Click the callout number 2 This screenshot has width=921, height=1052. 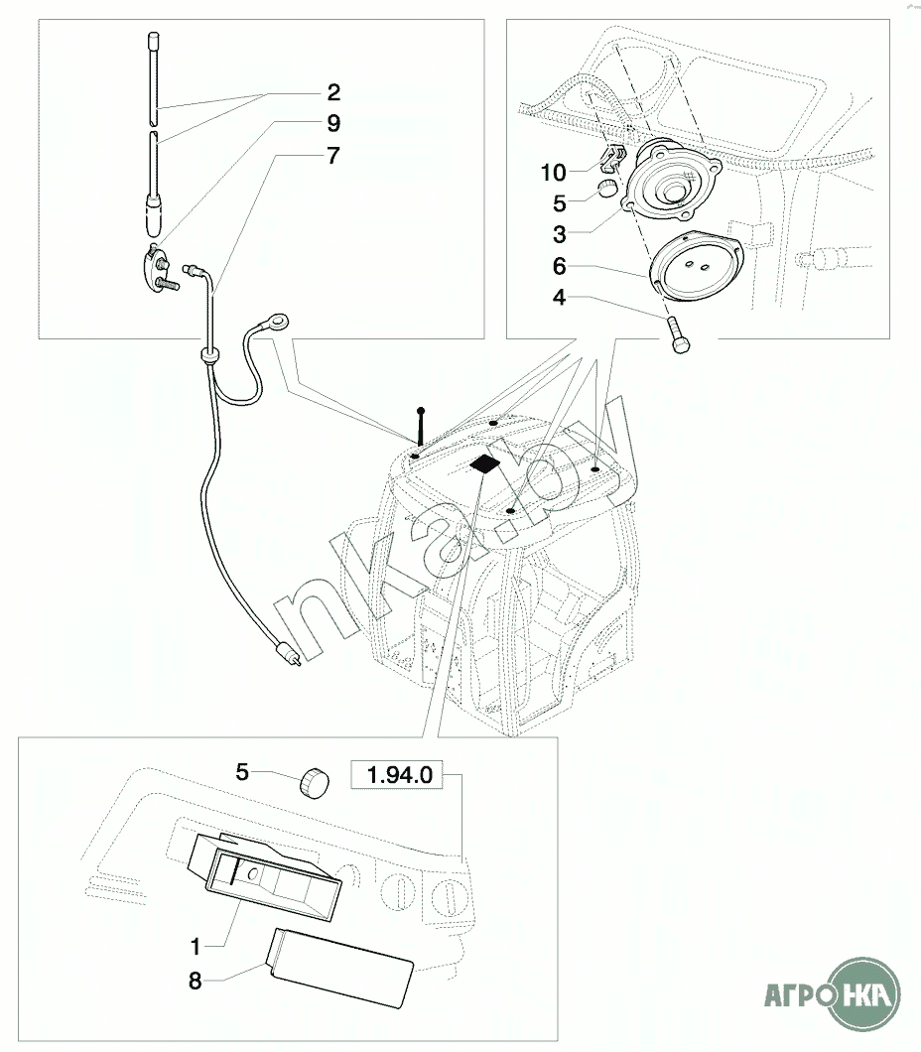333,92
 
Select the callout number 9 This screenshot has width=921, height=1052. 333,123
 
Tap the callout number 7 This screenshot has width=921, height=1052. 333,156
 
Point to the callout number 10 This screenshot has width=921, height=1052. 554,173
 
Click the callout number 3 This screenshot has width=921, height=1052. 560,235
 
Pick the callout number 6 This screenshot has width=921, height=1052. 560,266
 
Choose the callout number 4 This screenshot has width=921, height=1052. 560,297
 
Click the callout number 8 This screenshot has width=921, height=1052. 196,982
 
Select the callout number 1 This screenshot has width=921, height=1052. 196,947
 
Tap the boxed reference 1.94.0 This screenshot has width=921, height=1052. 399,775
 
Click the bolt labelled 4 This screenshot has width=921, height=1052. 678,335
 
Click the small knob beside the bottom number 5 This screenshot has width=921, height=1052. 315,783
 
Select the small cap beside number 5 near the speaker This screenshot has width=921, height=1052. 607,189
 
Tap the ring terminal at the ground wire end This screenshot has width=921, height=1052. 278,322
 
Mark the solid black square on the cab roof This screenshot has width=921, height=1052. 485,463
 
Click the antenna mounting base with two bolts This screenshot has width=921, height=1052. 162,266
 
